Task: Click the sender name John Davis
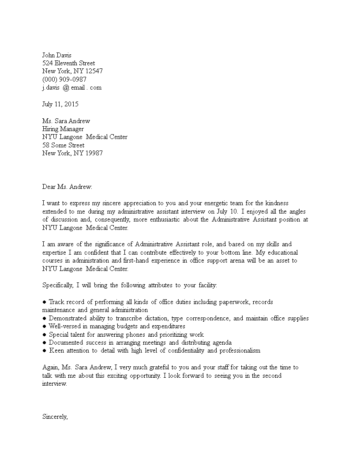(x=56, y=55)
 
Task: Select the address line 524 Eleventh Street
(x=68, y=63)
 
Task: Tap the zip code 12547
(x=94, y=71)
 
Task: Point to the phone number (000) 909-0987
(x=64, y=79)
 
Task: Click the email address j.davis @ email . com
(x=72, y=87)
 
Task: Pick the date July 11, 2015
(x=60, y=105)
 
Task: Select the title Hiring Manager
(x=63, y=129)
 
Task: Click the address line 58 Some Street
(x=63, y=145)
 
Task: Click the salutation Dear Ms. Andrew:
(x=67, y=187)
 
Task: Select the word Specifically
(x=58, y=285)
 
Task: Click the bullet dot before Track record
(x=45, y=302)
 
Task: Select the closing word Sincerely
(x=55, y=417)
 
